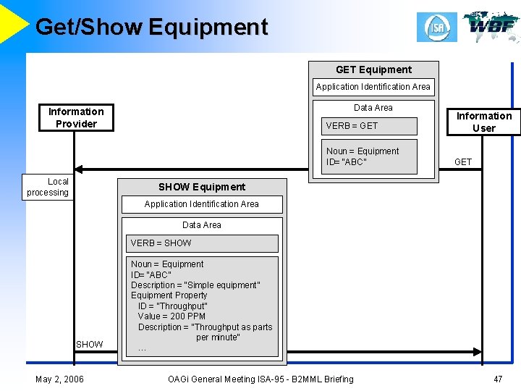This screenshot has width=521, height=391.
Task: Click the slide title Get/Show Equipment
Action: click(151, 27)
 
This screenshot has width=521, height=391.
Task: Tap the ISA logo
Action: click(436, 28)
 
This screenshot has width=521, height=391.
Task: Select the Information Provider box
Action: click(76, 117)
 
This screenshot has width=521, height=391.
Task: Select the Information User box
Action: click(483, 122)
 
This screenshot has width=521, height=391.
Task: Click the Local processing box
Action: click(48, 187)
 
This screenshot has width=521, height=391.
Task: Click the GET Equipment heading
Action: click(373, 70)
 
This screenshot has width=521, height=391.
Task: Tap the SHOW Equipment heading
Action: click(202, 187)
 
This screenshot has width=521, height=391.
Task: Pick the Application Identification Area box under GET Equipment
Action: click(373, 87)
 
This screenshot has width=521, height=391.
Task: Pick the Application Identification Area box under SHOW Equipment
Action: click(202, 204)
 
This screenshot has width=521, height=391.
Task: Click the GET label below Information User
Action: click(463, 162)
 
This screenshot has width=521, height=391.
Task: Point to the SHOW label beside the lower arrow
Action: click(90, 344)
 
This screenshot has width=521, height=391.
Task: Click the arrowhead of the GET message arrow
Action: click(79, 169)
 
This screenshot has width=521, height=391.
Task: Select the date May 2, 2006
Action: click(59, 379)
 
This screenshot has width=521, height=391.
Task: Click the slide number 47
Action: click(498, 379)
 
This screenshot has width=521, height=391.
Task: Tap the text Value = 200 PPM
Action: click(171, 316)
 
